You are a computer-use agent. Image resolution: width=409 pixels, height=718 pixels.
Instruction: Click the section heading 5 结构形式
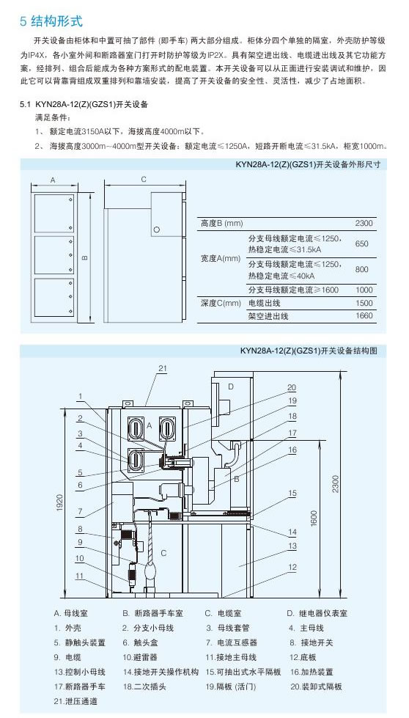pos(51,21)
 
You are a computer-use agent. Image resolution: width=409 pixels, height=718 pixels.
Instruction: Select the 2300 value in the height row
pos(364,224)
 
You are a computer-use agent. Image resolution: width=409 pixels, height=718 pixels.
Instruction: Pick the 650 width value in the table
pos(361,243)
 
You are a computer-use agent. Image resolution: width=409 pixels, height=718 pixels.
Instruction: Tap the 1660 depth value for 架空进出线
pos(364,315)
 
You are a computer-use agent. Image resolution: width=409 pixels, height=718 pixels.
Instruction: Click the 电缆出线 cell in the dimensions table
pos(264,303)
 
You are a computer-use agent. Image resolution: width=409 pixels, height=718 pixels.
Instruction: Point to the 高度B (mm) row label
pos(222,224)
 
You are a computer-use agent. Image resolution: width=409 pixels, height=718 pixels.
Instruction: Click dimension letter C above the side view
pos(144,180)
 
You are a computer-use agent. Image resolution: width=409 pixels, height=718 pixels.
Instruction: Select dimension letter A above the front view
pos(53,180)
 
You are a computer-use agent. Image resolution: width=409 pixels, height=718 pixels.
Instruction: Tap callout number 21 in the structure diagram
pos(163,368)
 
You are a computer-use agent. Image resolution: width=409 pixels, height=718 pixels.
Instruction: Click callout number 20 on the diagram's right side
pos(292,388)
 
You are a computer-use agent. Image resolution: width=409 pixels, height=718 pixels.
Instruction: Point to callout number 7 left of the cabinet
pos(80,511)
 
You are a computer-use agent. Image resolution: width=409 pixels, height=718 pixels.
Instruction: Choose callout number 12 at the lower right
pos(292,568)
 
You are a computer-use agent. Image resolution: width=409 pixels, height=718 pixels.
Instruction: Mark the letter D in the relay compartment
pos(231,387)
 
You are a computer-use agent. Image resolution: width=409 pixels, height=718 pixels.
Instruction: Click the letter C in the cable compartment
pos(163,553)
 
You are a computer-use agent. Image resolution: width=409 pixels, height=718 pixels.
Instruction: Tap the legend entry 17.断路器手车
pos(80,686)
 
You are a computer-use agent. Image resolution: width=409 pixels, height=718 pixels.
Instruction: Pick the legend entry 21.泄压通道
pos(75,701)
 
